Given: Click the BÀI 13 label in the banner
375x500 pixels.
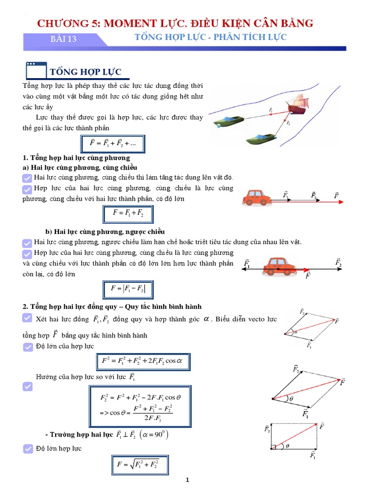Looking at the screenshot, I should coord(64,40).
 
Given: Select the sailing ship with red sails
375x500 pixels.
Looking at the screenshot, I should coord(297,105).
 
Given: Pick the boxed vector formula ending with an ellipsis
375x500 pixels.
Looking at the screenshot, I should coord(113,144).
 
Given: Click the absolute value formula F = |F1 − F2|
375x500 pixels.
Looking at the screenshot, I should coord(128,289).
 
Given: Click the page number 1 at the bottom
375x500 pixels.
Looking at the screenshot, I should coord(187,480).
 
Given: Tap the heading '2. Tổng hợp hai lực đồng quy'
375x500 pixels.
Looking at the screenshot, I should coord(112,307).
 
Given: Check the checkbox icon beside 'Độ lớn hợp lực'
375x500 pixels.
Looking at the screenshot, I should coord(28,449).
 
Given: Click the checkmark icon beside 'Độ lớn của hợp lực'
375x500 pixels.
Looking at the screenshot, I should coord(28,347).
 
